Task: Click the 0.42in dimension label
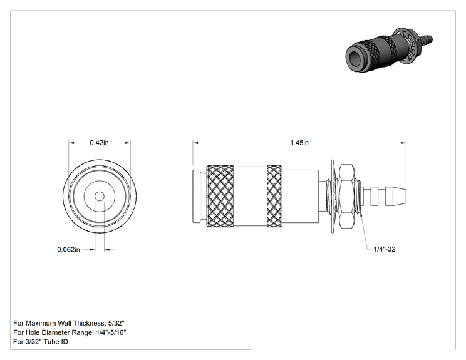click(99, 143)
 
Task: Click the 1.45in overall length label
click(299, 143)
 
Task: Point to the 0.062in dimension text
click(68, 250)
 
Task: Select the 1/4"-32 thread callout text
click(385, 249)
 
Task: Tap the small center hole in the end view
click(100, 197)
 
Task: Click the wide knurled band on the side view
click(220, 197)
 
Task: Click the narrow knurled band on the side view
click(274, 197)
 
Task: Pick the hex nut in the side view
click(346, 196)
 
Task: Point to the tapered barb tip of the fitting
click(396, 196)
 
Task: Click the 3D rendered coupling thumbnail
click(389, 50)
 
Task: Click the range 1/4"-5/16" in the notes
click(111, 332)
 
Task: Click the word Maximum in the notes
click(41, 323)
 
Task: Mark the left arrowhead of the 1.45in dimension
click(195, 143)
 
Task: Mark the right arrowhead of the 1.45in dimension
click(403, 143)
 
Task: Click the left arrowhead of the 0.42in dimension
click(71, 143)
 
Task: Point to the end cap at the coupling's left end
click(197, 197)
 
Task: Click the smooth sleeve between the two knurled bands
click(251, 197)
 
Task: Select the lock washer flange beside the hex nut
click(334, 196)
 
